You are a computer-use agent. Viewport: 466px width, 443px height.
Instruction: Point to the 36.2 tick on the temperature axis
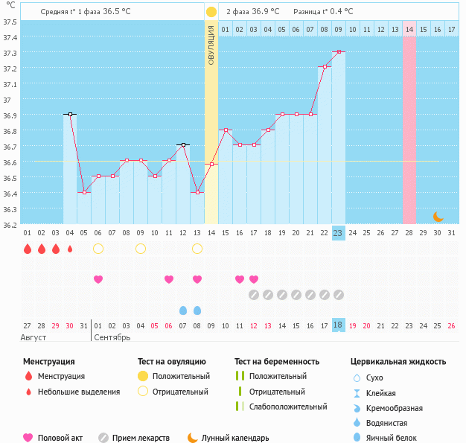10,224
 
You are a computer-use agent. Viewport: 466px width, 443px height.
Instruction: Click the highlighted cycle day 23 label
338,233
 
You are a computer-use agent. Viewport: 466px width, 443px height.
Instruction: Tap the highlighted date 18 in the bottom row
338,325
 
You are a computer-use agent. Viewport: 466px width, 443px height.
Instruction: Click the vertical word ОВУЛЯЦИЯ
211,45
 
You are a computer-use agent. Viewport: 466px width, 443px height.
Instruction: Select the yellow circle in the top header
211,12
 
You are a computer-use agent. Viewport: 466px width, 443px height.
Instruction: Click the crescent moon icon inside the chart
438,217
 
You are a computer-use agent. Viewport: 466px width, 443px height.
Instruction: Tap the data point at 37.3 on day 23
339,51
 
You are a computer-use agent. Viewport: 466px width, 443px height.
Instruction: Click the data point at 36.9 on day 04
70,114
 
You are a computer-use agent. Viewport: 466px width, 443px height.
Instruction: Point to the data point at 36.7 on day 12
183,145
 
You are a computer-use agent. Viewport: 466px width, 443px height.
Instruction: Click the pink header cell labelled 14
409,29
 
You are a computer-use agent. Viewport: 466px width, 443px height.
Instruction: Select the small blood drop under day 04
70,249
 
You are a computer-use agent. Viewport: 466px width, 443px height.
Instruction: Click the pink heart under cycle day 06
98,279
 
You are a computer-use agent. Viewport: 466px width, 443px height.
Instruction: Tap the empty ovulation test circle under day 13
197,249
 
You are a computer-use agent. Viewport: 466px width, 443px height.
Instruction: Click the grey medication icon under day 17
254,295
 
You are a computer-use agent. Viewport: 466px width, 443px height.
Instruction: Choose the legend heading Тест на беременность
276,362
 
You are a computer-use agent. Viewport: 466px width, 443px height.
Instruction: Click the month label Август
34,337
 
